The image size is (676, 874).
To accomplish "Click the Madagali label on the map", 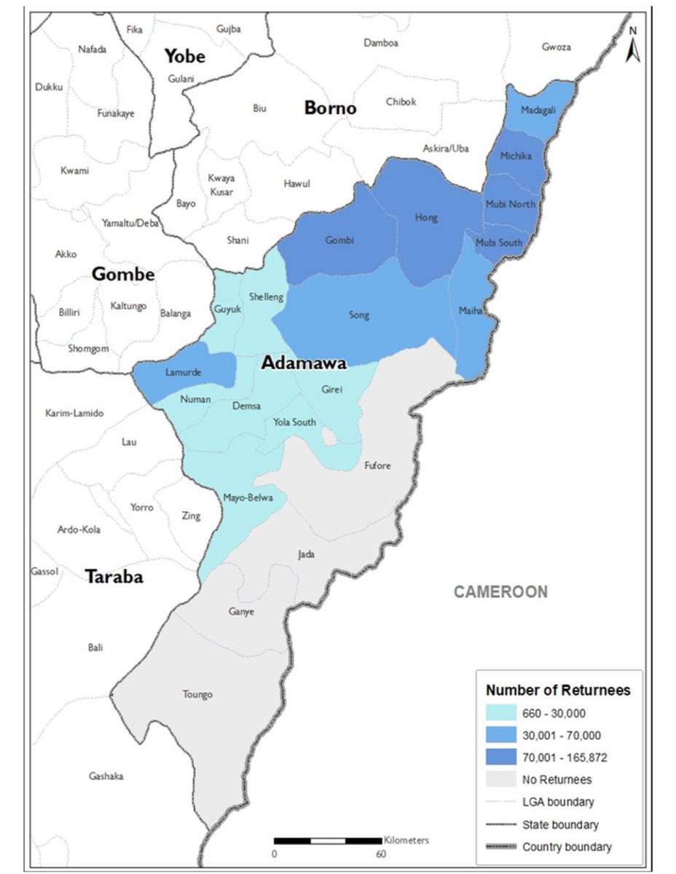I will click(537, 110).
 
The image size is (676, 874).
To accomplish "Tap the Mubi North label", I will click(510, 204).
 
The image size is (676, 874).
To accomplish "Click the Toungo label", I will click(197, 695).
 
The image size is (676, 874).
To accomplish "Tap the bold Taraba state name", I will click(114, 578).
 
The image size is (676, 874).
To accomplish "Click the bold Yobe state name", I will click(184, 56).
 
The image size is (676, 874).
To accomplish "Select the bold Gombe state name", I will click(123, 275).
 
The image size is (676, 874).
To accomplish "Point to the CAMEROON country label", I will click(500, 591).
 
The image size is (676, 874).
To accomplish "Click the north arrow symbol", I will click(633, 45).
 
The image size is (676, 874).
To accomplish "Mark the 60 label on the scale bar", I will click(381, 854).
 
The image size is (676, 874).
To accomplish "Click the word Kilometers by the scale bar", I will click(406, 840).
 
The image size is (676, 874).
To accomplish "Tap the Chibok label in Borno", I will click(401, 102).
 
